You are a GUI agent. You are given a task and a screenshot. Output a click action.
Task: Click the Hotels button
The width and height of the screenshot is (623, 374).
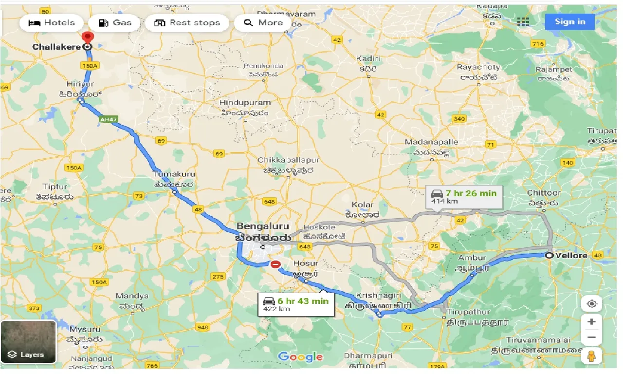[x=52, y=23]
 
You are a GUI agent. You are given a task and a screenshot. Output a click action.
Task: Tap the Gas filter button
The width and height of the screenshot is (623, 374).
[x=116, y=23]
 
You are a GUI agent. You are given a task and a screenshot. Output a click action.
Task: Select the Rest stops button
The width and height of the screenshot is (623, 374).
[x=186, y=23]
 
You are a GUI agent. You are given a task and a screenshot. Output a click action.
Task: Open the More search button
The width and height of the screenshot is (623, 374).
[x=263, y=23]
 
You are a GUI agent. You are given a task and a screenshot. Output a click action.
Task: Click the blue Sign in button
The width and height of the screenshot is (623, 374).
[x=569, y=22]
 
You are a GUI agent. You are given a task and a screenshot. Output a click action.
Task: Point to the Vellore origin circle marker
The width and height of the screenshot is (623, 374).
[x=549, y=255]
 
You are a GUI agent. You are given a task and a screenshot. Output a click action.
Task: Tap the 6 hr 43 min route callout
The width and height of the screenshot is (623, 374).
[x=296, y=304]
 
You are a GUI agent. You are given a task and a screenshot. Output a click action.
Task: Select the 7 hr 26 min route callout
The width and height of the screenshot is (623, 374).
[x=463, y=196]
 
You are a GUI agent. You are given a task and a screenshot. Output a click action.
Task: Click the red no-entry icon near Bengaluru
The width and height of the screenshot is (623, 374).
[x=275, y=264]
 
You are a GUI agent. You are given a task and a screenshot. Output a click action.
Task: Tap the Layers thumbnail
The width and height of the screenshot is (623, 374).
[x=28, y=342]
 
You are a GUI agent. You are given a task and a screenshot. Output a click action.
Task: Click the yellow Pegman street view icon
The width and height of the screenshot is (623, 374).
[x=592, y=356]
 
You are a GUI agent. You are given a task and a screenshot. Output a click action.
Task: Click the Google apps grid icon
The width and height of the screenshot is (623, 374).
[x=523, y=22]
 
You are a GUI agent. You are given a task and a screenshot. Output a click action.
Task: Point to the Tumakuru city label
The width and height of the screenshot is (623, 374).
[x=174, y=174]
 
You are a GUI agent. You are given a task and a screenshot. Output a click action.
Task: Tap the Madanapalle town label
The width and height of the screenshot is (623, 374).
[x=432, y=142]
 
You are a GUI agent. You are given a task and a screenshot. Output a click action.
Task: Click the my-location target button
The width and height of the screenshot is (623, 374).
[x=592, y=304]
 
